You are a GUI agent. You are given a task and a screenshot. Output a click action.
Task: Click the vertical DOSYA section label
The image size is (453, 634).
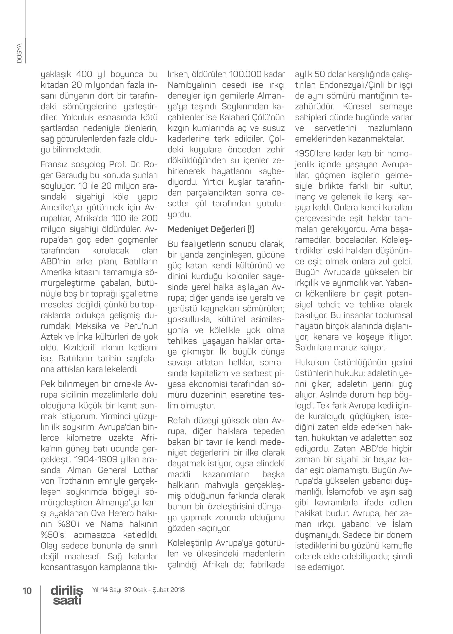[19, 53]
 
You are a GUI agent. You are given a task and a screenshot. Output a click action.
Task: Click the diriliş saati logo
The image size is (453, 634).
[67, 596]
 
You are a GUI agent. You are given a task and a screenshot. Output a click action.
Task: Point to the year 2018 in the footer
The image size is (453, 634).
[177, 590]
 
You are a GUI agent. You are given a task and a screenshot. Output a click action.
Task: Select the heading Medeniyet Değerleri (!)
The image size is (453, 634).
[211, 229]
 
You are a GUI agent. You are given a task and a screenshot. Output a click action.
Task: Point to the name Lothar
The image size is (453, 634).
[146, 470]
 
